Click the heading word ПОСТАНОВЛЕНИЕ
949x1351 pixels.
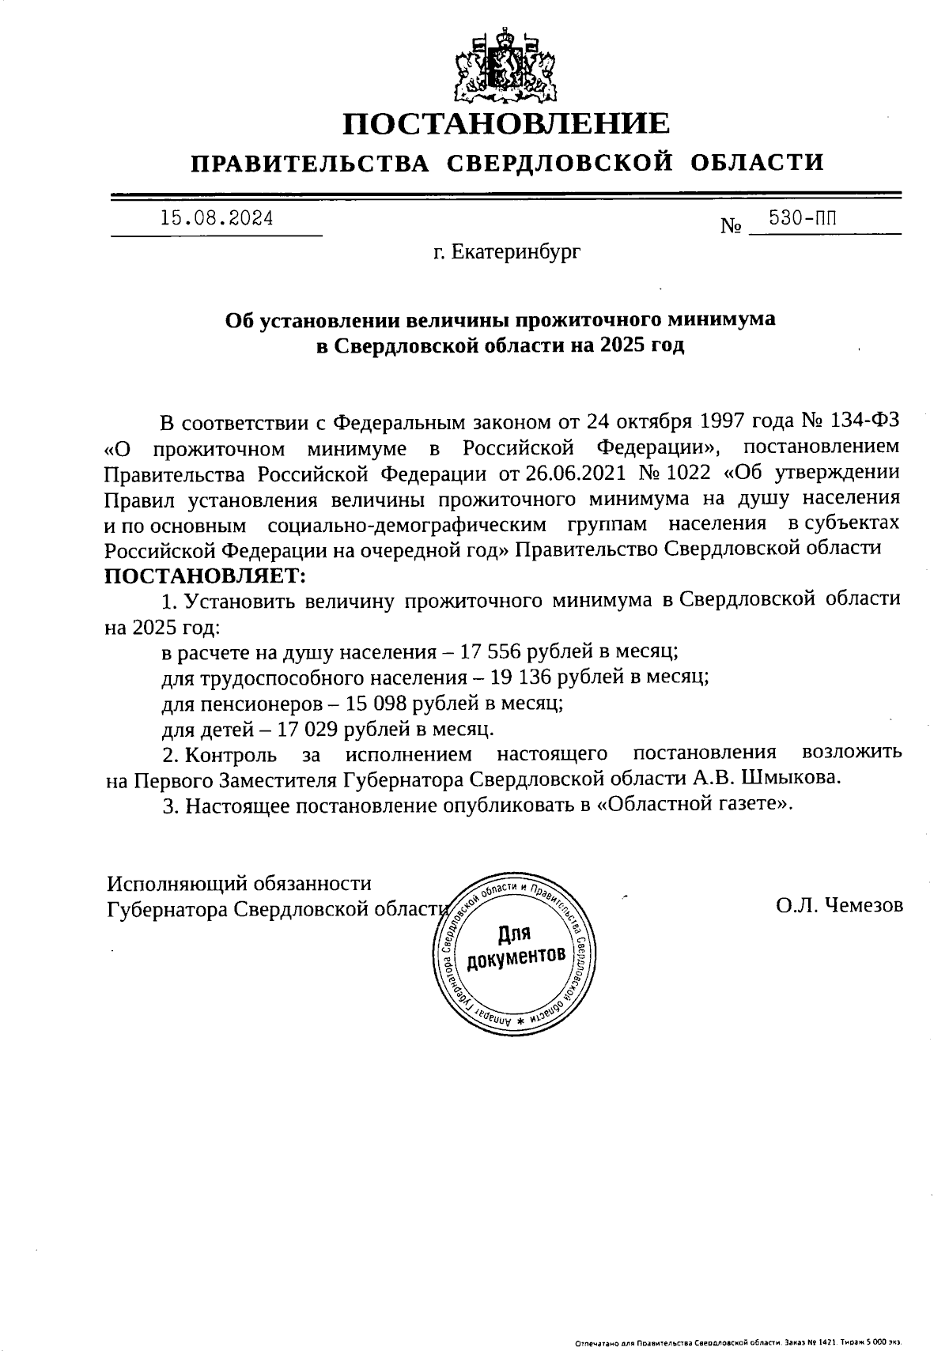click(506, 124)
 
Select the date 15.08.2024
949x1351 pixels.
click(217, 217)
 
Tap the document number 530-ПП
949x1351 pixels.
click(802, 218)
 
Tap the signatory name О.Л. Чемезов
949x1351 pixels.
click(839, 905)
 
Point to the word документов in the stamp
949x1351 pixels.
click(516, 957)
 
